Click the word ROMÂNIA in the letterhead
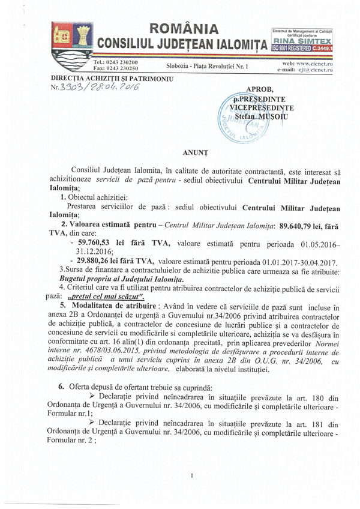click(184, 28)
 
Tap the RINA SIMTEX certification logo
click(302, 41)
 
